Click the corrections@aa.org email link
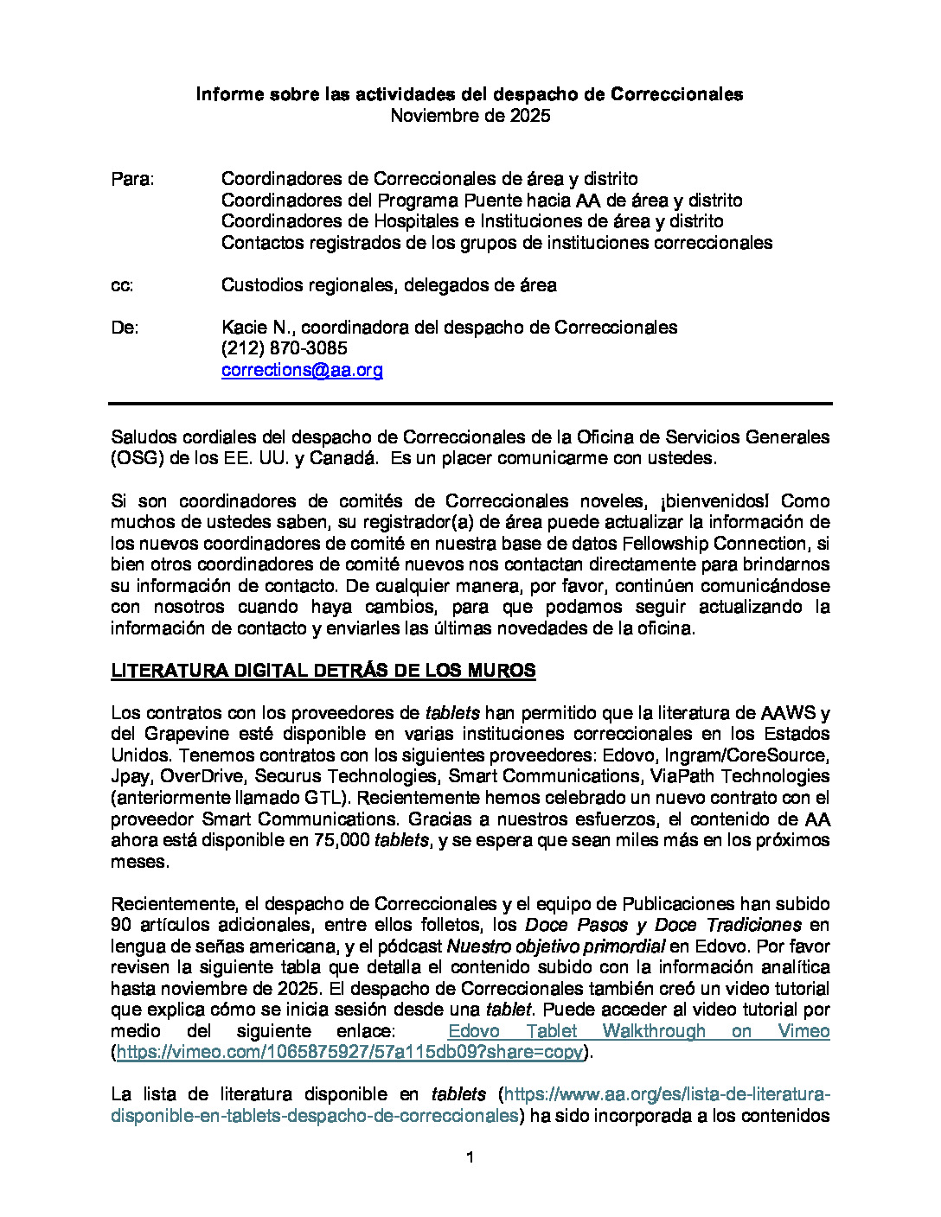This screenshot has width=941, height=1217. [302, 370]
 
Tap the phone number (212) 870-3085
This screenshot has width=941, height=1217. [284, 348]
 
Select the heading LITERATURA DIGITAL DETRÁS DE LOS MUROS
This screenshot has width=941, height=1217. [323, 671]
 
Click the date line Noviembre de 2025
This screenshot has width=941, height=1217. [470, 116]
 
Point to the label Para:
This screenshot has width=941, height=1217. [132, 179]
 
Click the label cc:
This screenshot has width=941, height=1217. [122, 285]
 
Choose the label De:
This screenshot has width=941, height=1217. [125, 328]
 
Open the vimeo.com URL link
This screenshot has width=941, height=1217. [349, 1053]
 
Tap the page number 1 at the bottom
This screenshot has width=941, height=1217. [470, 1157]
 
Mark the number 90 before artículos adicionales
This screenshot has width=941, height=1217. [121, 926]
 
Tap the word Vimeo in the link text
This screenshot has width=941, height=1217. [803, 1031]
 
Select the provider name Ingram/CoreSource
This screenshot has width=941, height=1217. [745, 755]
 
